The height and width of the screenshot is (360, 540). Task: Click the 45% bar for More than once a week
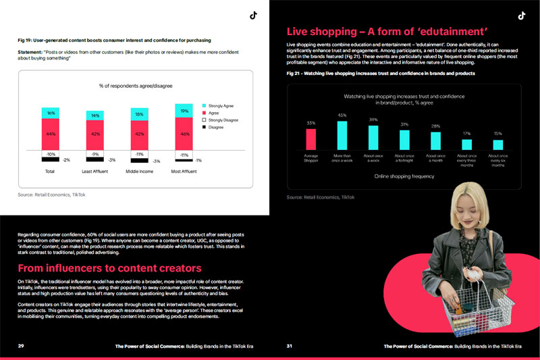(342, 134)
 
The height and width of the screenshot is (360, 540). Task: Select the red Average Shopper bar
(310, 138)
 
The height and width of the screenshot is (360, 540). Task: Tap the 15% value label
(497, 133)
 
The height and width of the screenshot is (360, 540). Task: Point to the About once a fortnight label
(404, 159)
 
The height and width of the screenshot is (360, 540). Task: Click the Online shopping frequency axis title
(404, 176)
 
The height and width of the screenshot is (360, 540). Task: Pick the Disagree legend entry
(214, 127)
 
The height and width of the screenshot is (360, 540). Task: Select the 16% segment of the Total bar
(51, 113)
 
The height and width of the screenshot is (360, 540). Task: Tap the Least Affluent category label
(95, 172)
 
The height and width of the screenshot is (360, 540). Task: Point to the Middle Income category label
(140, 172)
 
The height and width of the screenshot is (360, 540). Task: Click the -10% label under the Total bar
(50, 155)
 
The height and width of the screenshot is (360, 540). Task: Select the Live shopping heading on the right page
(387, 31)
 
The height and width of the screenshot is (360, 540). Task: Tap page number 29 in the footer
(21, 346)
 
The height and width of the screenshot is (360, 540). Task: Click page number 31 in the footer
(290, 346)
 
